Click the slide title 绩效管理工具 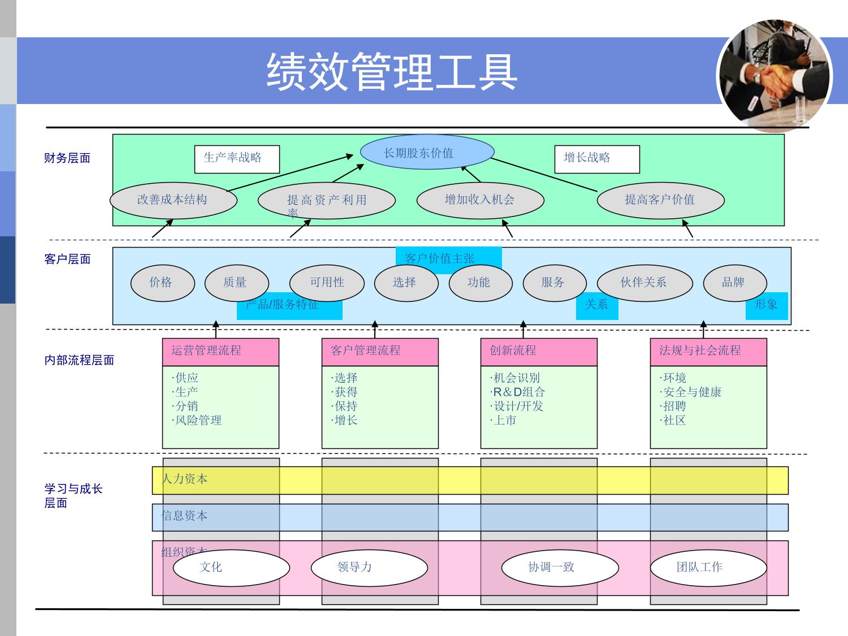point(392,72)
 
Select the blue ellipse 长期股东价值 point(427,152)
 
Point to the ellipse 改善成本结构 point(173,200)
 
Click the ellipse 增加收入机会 point(480,200)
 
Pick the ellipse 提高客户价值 point(660,200)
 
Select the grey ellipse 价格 point(162,283)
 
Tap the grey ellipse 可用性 point(327,283)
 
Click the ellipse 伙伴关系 point(644,283)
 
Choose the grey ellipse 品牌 point(734,283)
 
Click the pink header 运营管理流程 point(220,351)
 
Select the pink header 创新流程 point(538,351)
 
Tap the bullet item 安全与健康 point(692,392)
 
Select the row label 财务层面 point(67,158)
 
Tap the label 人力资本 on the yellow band point(184,479)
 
